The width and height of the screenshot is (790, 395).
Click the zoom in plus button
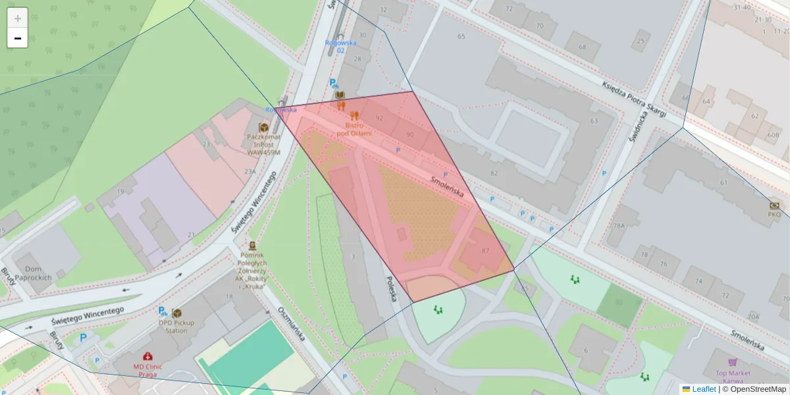[x=18, y=18]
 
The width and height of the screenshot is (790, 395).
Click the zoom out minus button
[x=18, y=38]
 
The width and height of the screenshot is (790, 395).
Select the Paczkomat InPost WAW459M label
[x=263, y=144]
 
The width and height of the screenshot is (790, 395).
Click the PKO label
[x=774, y=214]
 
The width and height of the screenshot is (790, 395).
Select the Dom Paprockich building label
[x=33, y=273]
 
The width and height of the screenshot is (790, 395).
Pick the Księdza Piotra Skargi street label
[x=633, y=99]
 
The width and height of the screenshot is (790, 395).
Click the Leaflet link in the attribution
[x=703, y=389]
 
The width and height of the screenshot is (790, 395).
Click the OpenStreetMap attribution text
[x=754, y=389]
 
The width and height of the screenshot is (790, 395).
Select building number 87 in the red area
[x=486, y=251]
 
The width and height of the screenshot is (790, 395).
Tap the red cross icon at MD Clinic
[x=147, y=356]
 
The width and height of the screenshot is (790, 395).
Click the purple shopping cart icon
[x=732, y=362]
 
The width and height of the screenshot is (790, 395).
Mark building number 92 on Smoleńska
[x=379, y=118]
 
